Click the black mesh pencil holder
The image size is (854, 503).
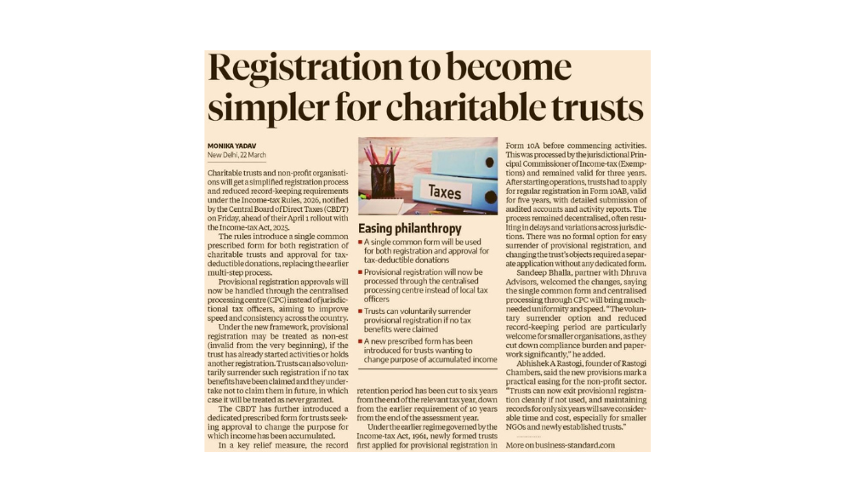pos(382,181)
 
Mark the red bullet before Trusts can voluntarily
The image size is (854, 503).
pos(361,312)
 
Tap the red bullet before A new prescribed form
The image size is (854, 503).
pos(361,340)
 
